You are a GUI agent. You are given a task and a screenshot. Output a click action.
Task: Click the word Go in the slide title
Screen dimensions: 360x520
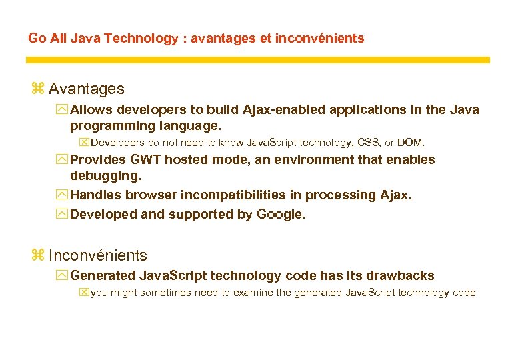coord(37,39)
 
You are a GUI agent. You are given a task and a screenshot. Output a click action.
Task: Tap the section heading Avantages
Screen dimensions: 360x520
coord(86,89)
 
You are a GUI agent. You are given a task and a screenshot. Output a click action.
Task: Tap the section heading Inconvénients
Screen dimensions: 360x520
coord(98,255)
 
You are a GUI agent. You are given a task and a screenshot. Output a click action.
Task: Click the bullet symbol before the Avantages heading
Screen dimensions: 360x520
coord(37,89)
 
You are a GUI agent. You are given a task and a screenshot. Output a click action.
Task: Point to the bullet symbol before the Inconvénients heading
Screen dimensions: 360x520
coord(37,255)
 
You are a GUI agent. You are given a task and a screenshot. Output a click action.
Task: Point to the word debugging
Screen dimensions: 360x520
coord(105,177)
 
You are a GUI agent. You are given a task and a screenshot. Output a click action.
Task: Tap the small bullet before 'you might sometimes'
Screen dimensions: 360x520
coord(83,293)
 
